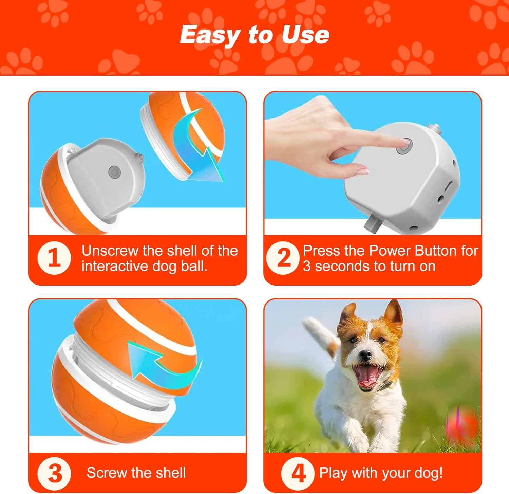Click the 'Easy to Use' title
pos(254,35)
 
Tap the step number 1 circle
pos(54,258)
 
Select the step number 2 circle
pos(283,258)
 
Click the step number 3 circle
pos(54,473)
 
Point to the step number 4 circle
pos(298,473)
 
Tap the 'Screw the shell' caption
pos(136,473)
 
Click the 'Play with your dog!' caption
pos(381,473)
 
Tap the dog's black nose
pos(366,354)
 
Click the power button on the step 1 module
pos(114,172)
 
